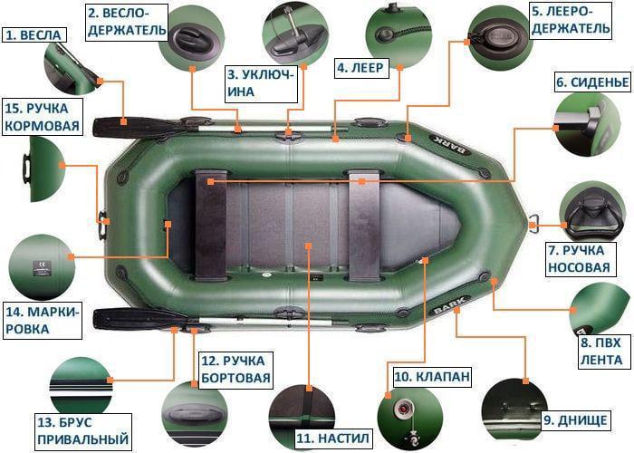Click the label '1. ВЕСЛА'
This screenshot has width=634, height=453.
click(34, 35)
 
